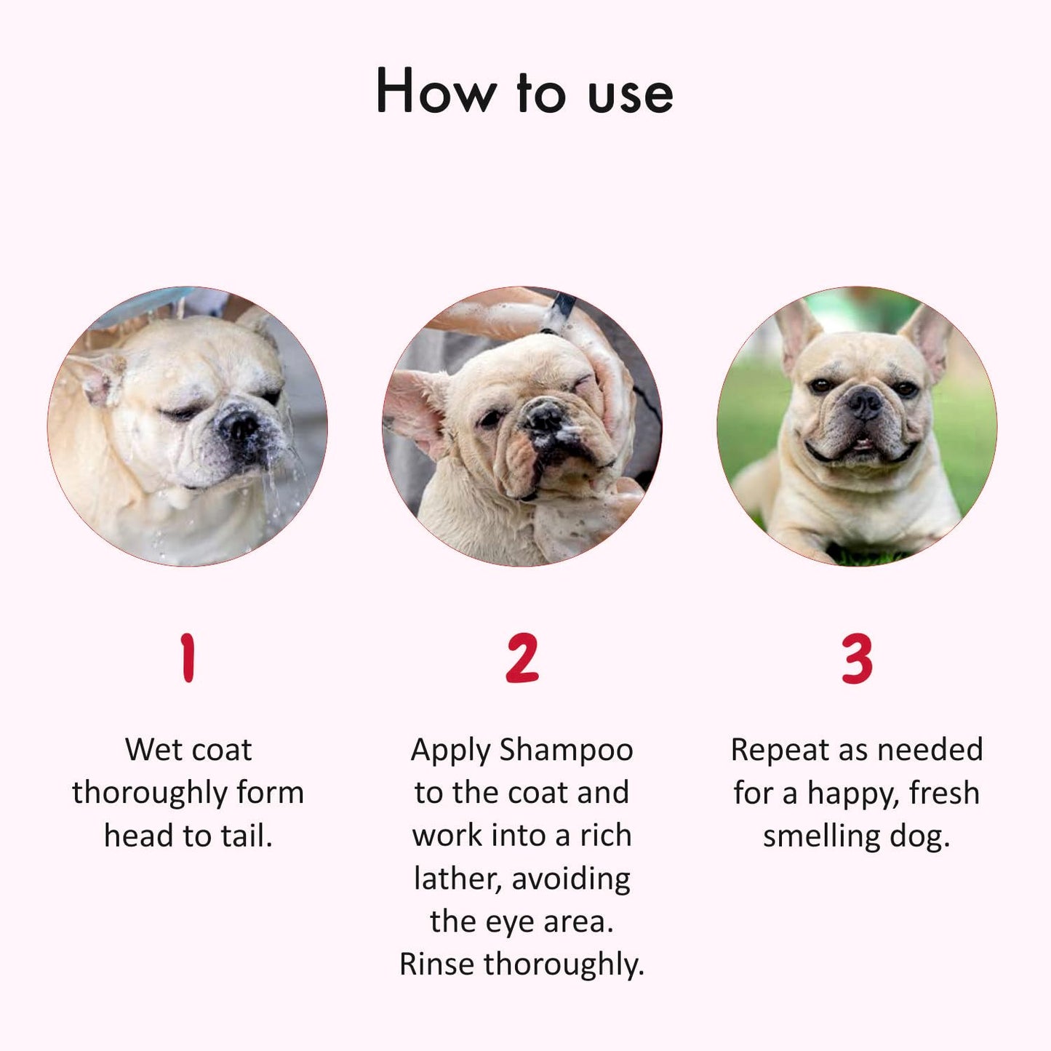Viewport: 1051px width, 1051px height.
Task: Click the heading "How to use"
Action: coord(524,92)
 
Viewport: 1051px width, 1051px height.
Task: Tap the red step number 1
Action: coord(188,658)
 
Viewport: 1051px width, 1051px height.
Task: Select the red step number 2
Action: coord(522,658)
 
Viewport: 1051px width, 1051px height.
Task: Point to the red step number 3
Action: coord(857,658)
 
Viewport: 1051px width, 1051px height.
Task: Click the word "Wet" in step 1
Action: coord(151,750)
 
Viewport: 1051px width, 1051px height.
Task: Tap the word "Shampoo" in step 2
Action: coord(566,750)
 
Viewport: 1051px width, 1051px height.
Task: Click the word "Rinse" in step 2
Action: coord(438,964)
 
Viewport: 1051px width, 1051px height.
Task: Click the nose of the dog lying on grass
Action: coord(865,401)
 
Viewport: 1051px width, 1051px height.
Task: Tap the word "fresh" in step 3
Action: coord(944,793)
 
